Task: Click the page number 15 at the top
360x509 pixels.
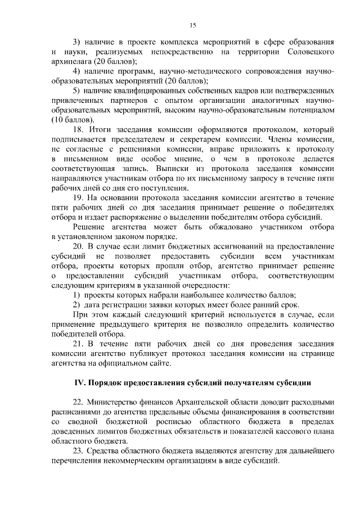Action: [x=192, y=25]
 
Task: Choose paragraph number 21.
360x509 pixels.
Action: [x=79, y=344]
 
